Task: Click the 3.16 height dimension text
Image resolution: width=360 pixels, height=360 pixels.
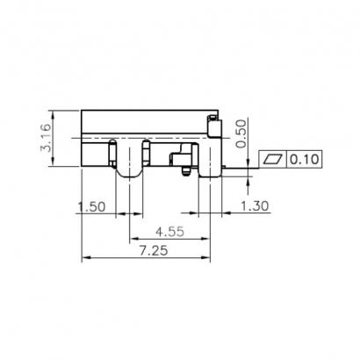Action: coord(46,139)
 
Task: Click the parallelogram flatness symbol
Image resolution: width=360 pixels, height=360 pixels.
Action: coord(273,160)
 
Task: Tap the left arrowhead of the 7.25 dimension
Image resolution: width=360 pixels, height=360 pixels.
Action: coord(84,258)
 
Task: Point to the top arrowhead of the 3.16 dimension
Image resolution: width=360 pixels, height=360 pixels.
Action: coord(54,113)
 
